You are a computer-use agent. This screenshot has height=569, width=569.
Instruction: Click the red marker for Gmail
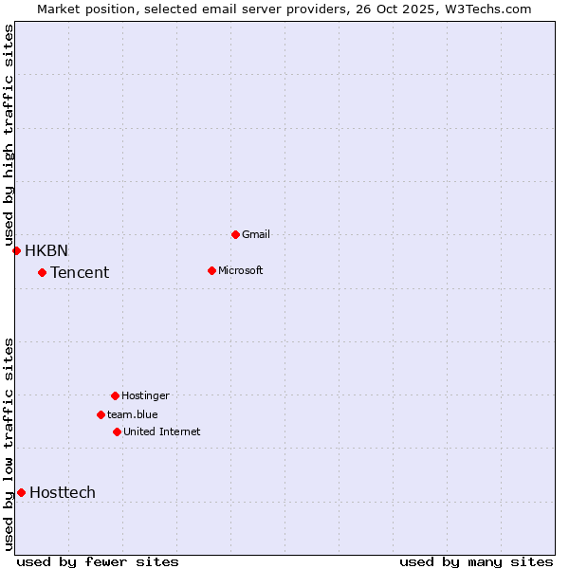point(235,234)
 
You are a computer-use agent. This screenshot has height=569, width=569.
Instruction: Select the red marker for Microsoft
point(211,270)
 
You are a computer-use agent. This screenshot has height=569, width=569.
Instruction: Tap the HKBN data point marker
point(16,250)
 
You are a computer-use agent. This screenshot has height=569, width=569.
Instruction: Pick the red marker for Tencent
point(42,273)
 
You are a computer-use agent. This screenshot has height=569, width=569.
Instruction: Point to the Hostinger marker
point(115,395)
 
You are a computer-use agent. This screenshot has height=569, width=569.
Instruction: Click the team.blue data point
point(101,414)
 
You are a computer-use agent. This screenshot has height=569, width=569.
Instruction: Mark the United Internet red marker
point(117,431)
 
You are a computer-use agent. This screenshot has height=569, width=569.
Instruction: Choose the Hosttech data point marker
point(21,492)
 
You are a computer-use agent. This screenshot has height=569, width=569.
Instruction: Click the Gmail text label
point(256,234)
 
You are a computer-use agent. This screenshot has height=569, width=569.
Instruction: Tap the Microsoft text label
point(241,270)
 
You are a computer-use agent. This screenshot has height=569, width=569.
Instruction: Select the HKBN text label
point(46,250)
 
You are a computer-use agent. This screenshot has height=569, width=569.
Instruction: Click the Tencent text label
point(80,273)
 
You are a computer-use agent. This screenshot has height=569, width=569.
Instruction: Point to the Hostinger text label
point(145,395)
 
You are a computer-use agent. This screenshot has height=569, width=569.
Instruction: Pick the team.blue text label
point(133,414)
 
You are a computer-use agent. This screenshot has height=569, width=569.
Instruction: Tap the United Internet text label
point(162,431)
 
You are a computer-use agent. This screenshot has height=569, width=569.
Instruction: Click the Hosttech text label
point(63,492)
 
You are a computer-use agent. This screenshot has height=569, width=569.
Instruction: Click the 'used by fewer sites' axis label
point(98,561)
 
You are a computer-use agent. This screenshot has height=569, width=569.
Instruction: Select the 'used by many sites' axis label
point(476,561)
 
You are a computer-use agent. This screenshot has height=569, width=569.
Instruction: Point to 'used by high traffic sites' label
point(9,135)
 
